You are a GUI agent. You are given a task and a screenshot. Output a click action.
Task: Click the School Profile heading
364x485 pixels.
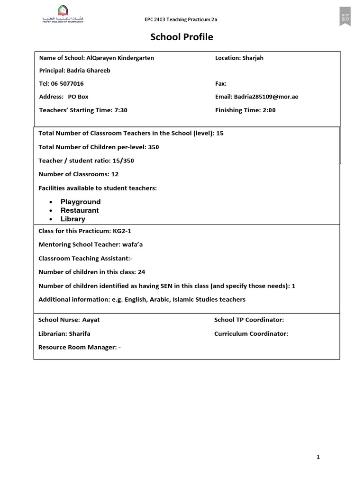tap(182, 37)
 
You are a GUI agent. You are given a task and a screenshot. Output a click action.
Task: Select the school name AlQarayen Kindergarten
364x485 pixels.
tap(121, 58)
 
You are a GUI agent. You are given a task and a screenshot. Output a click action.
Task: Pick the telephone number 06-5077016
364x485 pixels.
tap(67, 84)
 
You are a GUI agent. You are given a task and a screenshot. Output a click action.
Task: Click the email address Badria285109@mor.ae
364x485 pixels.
tap(266, 97)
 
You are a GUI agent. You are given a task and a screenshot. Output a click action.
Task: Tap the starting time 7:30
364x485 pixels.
tap(121, 110)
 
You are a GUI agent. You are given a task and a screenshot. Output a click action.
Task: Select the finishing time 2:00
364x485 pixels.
tap(268, 110)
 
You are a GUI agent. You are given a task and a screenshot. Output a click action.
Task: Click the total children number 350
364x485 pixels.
tap(154, 147)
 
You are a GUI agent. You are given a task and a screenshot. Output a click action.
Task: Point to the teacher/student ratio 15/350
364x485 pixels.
tap(123, 161)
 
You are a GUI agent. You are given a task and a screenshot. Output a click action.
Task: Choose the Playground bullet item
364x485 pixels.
tap(81, 202)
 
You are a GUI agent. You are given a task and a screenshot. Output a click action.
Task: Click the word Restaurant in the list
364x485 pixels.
tap(80, 210)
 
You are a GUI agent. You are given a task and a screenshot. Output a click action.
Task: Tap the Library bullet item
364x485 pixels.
tap(73, 219)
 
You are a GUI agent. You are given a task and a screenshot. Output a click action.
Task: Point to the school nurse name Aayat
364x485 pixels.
tap(91, 320)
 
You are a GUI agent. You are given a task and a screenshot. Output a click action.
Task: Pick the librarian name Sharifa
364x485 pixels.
tap(80, 333)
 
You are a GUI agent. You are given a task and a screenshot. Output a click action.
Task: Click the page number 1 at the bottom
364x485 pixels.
tap(318, 457)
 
